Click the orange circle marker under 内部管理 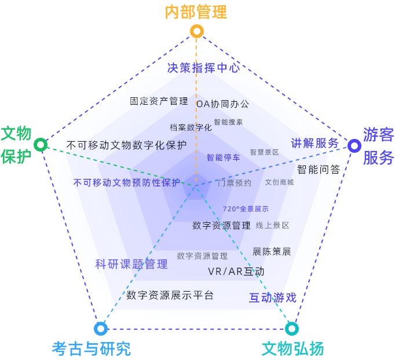pos(197,31)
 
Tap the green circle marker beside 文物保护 pos(41,144)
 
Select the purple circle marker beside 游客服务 pos(354,146)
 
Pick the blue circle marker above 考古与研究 pos(101,329)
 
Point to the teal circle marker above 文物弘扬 pos(292,329)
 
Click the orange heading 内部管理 pos(196,12)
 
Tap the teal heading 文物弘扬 pos(292,348)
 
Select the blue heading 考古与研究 pos(92,348)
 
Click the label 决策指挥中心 pos(203,68)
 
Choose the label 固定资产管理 pos(159,101)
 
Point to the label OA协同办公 pos(223,104)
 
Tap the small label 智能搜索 pos(228,122)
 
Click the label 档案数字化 pos(191,127)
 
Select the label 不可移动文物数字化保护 pos(126,145)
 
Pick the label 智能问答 pos(319,170)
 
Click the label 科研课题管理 pos(131,265)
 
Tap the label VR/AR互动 pos(236,271)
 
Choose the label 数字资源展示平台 pos(170,295)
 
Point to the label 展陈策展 pos(272,252)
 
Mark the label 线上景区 pos(273,225)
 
